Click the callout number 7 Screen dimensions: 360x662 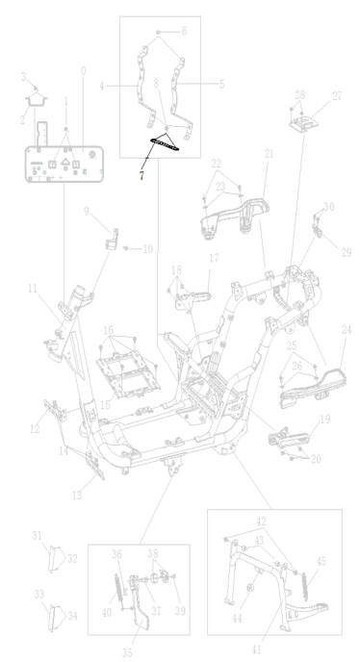click(x=141, y=175)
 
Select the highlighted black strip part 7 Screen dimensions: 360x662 click(x=165, y=143)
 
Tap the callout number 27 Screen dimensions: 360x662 click(x=337, y=96)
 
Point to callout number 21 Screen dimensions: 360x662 click(x=270, y=154)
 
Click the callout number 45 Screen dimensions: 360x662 click(x=321, y=562)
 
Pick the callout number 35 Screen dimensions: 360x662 click(x=127, y=652)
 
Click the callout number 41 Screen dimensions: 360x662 click(x=256, y=649)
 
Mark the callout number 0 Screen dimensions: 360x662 click(x=83, y=71)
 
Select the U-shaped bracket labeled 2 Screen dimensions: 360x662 click(x=37, y=100)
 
